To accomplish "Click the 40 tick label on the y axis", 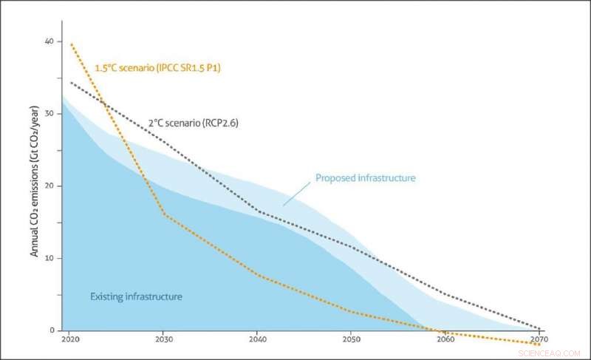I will pos(49,41).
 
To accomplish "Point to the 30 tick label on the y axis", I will pos(49,113).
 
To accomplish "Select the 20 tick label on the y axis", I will pos(49,186).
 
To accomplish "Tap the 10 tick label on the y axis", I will pos(49,258).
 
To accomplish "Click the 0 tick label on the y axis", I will pos(51,330).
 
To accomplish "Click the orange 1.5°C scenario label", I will pos(158,68).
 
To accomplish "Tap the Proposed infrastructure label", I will pos(365,178).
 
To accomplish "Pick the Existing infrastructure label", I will pos(136,296).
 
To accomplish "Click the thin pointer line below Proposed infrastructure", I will pos(295,194).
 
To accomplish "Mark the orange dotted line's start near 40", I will pos(72,44).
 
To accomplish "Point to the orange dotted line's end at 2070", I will pos(539,344).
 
